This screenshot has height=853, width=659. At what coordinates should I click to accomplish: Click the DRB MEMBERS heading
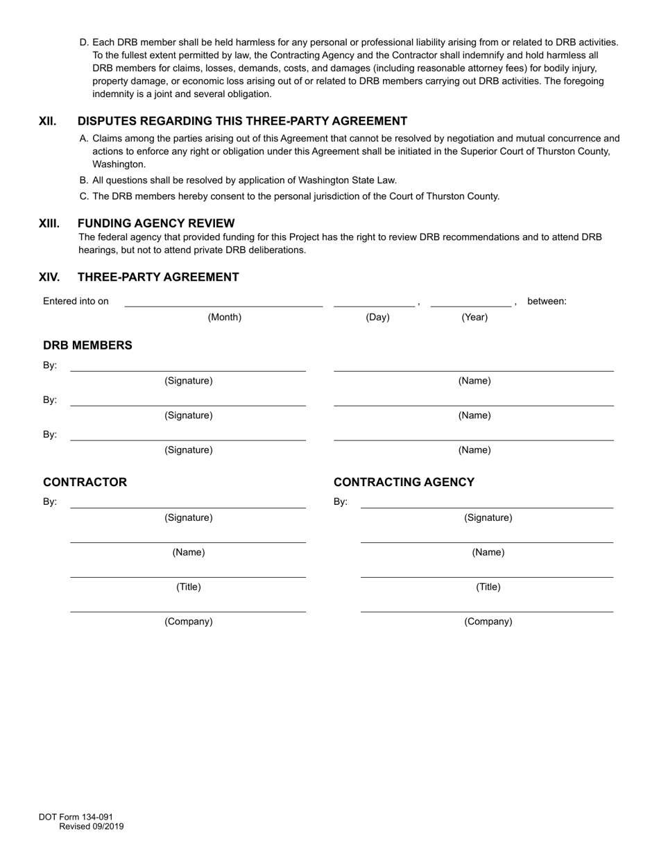tap(87, 345)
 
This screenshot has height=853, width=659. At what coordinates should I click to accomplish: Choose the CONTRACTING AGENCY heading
tap(404, 482)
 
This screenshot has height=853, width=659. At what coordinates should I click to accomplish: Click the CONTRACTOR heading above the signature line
tap(85, 482)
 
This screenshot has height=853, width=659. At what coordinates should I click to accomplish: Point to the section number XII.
tap(47, 121)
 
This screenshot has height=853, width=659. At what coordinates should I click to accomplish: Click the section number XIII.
tap(49, 223)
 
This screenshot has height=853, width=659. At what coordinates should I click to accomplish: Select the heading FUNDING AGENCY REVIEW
tap(156, 223)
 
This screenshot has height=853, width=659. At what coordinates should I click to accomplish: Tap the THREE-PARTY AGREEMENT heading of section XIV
tap(158, 277)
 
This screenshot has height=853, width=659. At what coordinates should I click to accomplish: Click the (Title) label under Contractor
tap(188, 587)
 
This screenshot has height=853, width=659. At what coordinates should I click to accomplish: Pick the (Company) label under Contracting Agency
tap(488, 621)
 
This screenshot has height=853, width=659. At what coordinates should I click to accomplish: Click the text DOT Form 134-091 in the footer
tap(76, 817)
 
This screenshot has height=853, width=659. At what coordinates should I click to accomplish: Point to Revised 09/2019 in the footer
tap(92, 826)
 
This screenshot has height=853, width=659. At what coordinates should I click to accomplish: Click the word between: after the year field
tap(547, 301)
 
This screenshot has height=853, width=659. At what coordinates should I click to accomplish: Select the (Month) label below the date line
tap(225, 317)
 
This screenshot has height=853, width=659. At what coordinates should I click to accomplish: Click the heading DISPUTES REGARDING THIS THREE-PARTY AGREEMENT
tap(242, 121)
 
